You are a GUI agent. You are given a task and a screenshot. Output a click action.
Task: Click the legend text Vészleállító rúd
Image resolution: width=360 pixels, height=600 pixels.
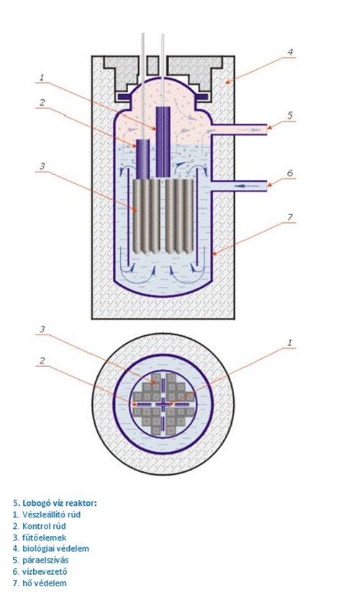(51, 514)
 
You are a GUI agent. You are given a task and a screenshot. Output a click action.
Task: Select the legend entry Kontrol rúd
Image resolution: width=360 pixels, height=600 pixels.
(44, 526)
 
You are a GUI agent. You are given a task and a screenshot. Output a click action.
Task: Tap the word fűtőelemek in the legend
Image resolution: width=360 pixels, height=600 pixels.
(44, 537)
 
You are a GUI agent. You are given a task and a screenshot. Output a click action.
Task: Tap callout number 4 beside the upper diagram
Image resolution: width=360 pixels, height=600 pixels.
(291, 52)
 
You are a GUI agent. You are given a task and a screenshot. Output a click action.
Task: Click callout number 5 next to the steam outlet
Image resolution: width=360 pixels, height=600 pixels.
(290, 115)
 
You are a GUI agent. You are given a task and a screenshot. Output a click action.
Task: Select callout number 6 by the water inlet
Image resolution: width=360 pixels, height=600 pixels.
(290, 173)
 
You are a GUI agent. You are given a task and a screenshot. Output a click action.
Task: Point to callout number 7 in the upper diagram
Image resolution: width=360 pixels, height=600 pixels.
(290, 217)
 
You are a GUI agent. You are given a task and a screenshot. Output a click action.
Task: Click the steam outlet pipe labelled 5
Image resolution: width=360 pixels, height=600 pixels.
(239, 129)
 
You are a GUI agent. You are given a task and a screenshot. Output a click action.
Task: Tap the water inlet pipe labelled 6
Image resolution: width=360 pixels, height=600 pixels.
(239, 186)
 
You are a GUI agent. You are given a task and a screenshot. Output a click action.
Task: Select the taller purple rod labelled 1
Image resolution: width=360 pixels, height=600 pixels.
(163, 142)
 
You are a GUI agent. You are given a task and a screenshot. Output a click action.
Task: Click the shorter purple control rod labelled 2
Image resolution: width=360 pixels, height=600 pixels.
(143, 159)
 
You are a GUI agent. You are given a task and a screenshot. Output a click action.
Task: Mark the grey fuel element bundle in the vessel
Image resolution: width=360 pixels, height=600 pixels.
(163, 217)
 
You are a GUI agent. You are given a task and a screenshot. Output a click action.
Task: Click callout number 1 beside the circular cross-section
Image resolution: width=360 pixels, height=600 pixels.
(290, 342)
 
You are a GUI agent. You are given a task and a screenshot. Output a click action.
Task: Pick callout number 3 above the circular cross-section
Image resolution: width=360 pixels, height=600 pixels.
(42, 329)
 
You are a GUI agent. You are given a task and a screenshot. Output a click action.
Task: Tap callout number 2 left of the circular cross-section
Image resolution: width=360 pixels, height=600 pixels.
(42, 360)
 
